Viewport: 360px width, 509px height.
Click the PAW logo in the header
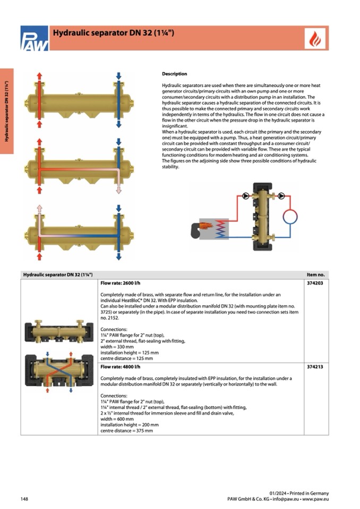point(34,39)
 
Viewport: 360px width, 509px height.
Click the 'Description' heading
point(174,74)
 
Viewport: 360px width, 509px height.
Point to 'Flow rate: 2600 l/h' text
point(120,283)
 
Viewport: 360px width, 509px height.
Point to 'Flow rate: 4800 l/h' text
point(120,367)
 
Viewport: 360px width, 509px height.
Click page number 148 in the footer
point(24,499)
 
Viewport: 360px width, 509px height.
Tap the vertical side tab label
point(6,111)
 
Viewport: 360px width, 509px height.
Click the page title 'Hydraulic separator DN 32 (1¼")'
point(114,33)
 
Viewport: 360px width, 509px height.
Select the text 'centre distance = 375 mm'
point(126,430)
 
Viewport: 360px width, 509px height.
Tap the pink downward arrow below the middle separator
point(119,189)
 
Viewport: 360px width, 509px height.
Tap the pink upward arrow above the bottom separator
point(39,209)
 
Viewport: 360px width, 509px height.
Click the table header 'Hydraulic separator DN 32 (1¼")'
point(58,274)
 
